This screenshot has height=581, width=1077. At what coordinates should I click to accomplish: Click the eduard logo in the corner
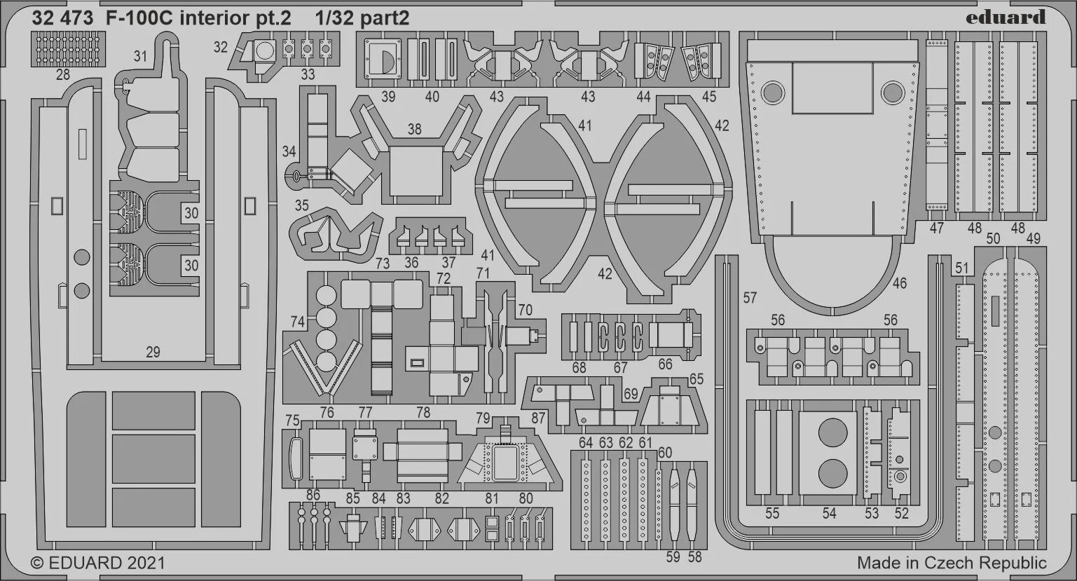(1006, 18)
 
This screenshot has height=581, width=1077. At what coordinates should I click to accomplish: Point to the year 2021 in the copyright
(146, 563)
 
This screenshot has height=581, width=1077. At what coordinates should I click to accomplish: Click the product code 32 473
(62, 18)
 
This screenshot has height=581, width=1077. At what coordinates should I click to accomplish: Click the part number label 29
(153, 352)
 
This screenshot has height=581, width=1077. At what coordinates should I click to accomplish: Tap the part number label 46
(899, 283)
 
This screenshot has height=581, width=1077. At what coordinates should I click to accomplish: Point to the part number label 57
(750, 298)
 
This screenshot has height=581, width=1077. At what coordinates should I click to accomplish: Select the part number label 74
(298, 322)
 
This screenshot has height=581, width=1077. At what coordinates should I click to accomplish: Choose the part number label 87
(538, 418)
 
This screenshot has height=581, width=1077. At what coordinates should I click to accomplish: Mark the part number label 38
(414, 129)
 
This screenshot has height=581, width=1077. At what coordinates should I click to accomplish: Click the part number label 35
(301, 205)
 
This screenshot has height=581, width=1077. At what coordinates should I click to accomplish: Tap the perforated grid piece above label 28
(68, 48)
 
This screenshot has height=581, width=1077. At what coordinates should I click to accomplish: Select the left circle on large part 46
(773, 93)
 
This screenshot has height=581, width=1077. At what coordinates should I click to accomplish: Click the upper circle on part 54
(832, 432)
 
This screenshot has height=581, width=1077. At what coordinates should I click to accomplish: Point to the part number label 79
(483, 418)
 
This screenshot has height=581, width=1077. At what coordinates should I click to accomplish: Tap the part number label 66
(665, 364)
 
